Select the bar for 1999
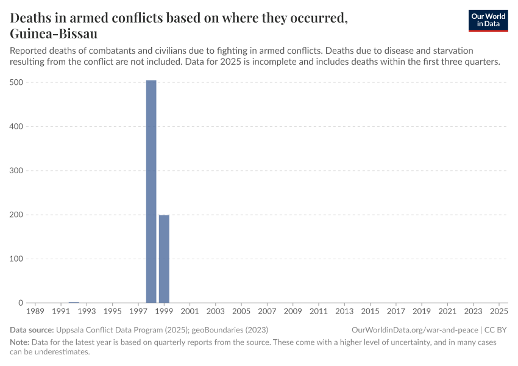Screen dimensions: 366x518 pos(164,259)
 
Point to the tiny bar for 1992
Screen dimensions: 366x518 pos(74,302)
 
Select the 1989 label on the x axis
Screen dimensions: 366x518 pos(35,312)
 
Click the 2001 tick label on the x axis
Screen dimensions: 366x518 pos(190,312)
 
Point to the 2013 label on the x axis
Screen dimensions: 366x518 pos(344,312)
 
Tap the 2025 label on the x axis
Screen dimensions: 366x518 pos(499,312)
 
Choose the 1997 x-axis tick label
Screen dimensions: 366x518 pos(138,312)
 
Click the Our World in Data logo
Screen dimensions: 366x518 pos(488,20)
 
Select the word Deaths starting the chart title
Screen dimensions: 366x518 pos(33,18)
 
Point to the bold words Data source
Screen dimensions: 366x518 pos(31,329)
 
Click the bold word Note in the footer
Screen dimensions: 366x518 pos(19,342)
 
